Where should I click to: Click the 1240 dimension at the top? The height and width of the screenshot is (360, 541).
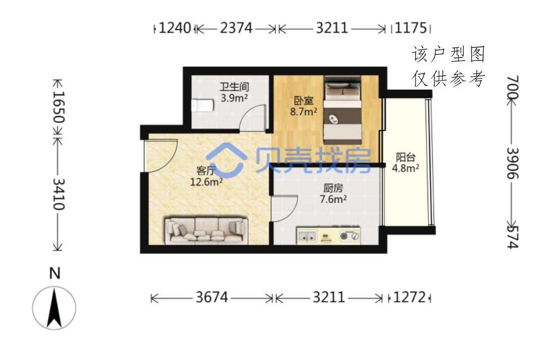174,28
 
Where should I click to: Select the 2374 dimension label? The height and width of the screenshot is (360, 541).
236,28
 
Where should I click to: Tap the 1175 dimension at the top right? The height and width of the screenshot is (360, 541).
410,28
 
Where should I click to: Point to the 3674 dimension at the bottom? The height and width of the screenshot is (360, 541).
212,297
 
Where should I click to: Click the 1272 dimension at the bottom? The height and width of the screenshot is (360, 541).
409,297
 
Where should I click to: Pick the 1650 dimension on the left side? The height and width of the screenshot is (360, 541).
58,107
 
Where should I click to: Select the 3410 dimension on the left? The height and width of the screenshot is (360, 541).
58,194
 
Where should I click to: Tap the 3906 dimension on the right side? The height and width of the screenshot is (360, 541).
513,163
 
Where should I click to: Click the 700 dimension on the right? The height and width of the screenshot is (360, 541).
513,87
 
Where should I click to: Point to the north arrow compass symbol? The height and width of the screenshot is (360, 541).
54,308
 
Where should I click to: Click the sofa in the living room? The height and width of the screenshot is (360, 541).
206,230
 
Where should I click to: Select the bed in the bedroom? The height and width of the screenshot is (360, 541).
342,110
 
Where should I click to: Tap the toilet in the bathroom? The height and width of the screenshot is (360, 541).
202,105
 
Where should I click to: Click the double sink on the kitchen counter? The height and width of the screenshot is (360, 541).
307,236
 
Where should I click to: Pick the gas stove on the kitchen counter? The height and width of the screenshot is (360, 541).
349,236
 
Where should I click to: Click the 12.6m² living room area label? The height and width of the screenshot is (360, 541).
206,182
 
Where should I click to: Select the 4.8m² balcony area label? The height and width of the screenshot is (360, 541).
405,168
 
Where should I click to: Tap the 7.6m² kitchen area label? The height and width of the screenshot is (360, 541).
333,199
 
